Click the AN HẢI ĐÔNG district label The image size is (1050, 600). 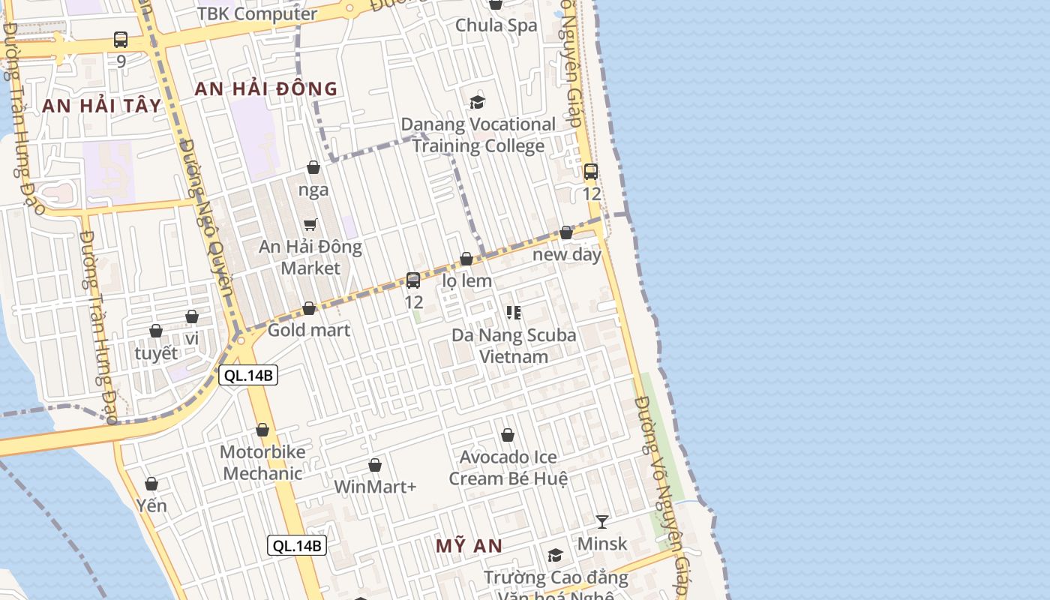click(266, 88)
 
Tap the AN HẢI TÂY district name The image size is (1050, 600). click(102, 106)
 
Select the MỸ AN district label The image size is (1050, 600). click(469, 546)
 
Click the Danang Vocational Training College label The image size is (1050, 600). click(478, 135)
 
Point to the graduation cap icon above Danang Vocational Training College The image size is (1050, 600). click(477, 102)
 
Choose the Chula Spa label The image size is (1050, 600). click(496, 25)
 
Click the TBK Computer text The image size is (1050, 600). click(257, 13)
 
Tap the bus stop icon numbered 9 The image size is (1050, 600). click(121, 40)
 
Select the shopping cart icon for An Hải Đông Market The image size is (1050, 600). click(310, 224)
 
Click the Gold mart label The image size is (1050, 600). click(309, 330)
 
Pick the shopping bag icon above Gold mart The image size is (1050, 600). click(309, 308)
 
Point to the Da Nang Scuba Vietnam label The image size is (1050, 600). click(514, 345)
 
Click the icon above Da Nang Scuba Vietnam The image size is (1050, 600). click(514, 312)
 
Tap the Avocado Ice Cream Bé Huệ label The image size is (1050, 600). click(508, 467)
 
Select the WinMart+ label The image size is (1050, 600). click(375, 487)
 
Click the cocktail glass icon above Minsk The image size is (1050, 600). click(601, 521)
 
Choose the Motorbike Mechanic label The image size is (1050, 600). click(262, 463)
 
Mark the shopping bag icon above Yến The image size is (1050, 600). click(151, 484)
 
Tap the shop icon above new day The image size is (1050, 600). click(566, 232)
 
